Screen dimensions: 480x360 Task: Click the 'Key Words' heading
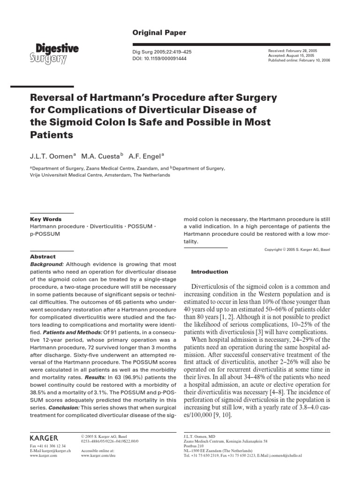[45, 219]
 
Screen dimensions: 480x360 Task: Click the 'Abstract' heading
[43, 257]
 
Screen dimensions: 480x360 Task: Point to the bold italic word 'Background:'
[47, 264]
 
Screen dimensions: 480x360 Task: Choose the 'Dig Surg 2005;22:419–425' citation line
[159, 52]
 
